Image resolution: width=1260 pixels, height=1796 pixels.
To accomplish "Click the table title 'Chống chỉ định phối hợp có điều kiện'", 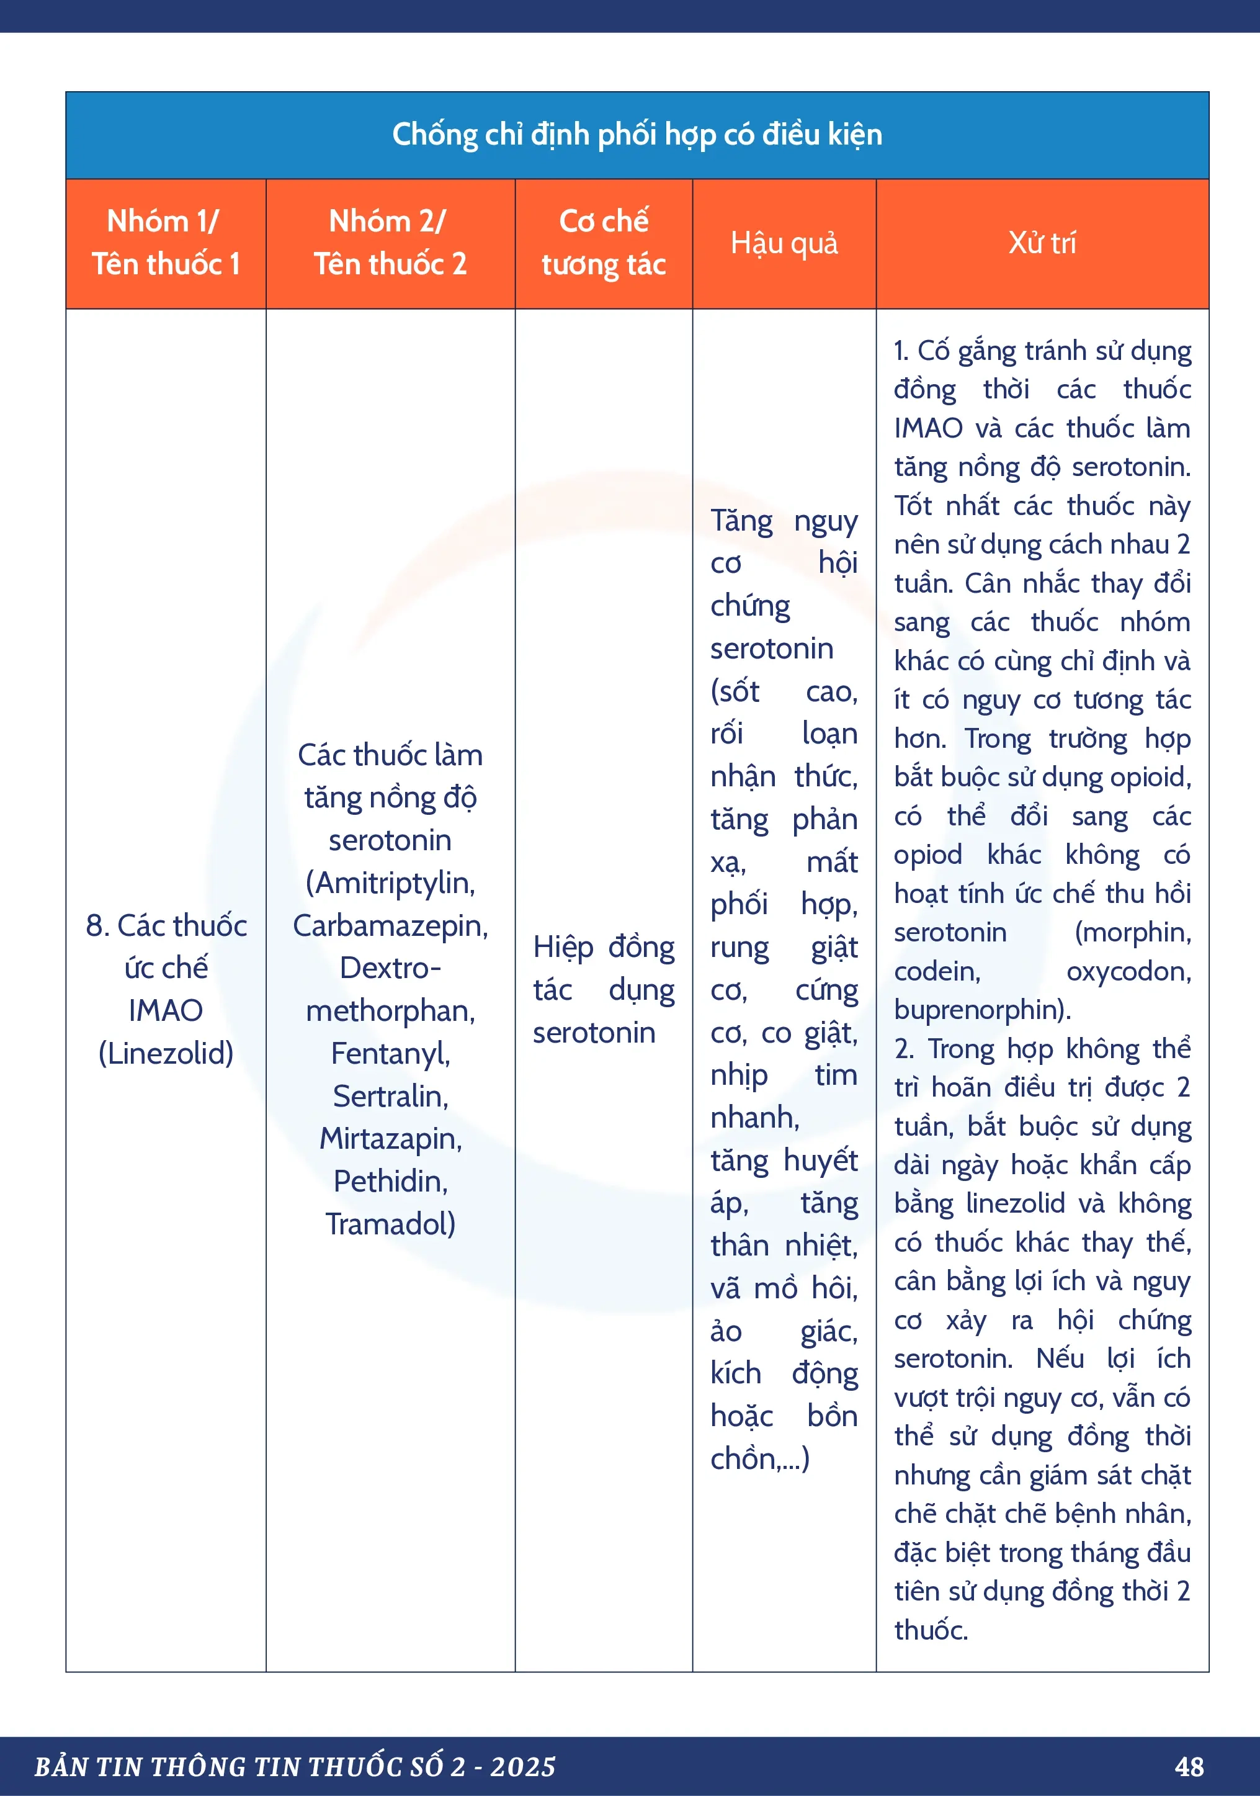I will (637, 135).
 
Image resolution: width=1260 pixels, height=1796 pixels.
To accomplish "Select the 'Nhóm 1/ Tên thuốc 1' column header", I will (165, 243).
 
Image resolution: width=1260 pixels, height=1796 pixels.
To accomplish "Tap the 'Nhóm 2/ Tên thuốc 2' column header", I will (390, 243).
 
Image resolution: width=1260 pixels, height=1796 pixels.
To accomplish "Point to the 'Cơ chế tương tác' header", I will (603, 243).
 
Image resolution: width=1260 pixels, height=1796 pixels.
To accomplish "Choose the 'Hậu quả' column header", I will (784, 243).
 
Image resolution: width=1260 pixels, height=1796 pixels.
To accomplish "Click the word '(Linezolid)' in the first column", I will (166, 1053).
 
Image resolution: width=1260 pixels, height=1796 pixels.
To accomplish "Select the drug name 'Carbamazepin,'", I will (390, 925).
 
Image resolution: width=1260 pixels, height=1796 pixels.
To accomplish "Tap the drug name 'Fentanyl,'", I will (390, 1054).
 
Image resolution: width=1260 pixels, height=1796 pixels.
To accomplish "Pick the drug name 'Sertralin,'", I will (390, 1096).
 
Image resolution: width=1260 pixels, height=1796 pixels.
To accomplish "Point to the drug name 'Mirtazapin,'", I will (390, 1139).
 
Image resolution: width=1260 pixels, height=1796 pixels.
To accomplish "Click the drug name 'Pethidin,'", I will (390, 1181).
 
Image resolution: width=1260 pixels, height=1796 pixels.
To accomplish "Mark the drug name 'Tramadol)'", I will (390, 1223).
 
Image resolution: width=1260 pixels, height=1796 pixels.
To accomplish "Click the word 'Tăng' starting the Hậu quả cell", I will (741, 521).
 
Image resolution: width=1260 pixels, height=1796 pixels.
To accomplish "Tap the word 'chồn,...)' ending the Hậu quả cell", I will (759, 1459).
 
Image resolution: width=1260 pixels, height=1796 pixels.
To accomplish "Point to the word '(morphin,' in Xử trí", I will (1133, 932).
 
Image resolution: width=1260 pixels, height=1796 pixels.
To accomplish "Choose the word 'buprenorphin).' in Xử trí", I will (982, 1010).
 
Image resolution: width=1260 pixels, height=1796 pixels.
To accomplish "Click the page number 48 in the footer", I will (1189, 1766).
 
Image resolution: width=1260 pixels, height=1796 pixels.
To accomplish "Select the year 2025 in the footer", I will (522, 1766).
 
